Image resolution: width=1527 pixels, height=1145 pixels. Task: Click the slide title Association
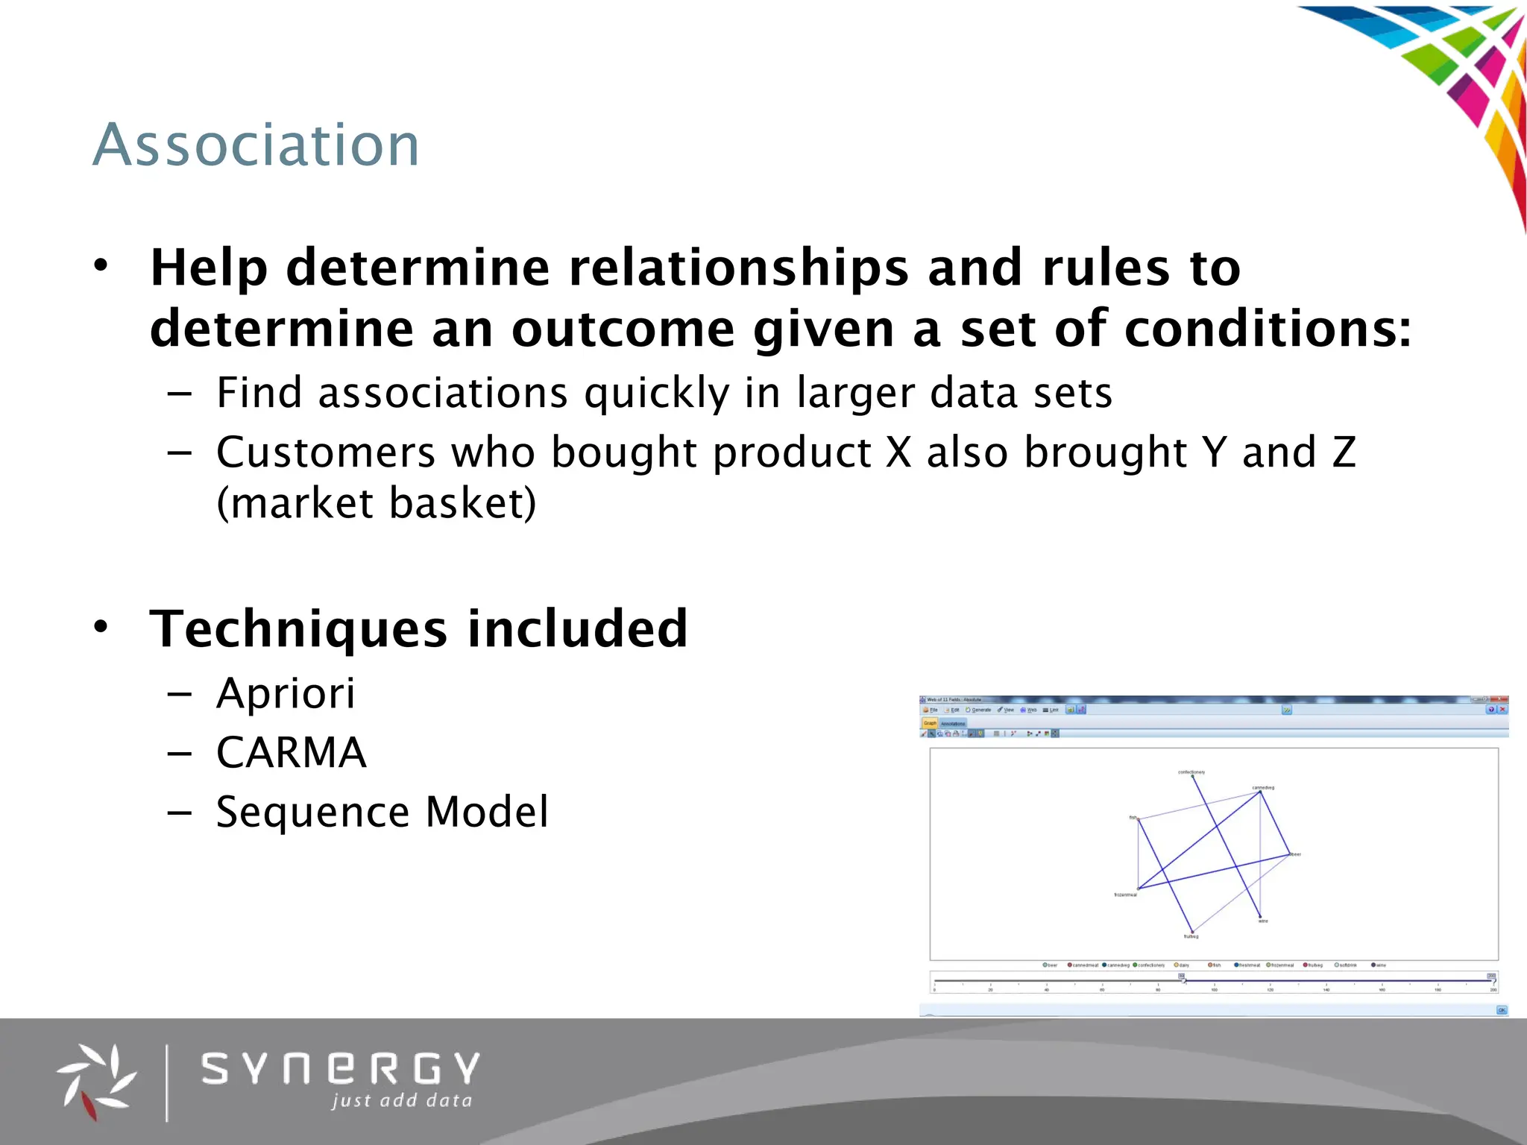click(256, 145)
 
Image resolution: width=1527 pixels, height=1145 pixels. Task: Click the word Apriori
click(286, 693)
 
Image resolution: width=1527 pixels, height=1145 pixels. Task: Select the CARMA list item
click(291, 752)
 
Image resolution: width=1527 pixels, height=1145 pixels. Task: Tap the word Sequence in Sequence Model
click(312, 812)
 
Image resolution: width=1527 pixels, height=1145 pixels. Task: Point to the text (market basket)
click(376, 502)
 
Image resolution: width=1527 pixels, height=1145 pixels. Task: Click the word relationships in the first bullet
click(738, 267)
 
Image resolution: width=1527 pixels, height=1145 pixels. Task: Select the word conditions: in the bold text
click(1267, 328)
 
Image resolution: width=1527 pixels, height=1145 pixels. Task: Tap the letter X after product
click(898, 452)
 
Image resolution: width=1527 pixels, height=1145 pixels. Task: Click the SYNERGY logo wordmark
click(340, 1069)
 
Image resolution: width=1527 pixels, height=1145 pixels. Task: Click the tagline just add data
click(402, 1100)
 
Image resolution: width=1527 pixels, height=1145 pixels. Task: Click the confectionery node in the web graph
click(1192, 776)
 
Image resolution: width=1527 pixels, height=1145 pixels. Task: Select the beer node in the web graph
click(1290, 854)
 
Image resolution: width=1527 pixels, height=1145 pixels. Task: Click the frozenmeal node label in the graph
click(1125, 895)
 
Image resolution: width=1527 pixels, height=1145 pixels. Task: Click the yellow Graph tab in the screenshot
click(930, 723)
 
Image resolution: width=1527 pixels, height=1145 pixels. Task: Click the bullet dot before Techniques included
click(101, 626)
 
